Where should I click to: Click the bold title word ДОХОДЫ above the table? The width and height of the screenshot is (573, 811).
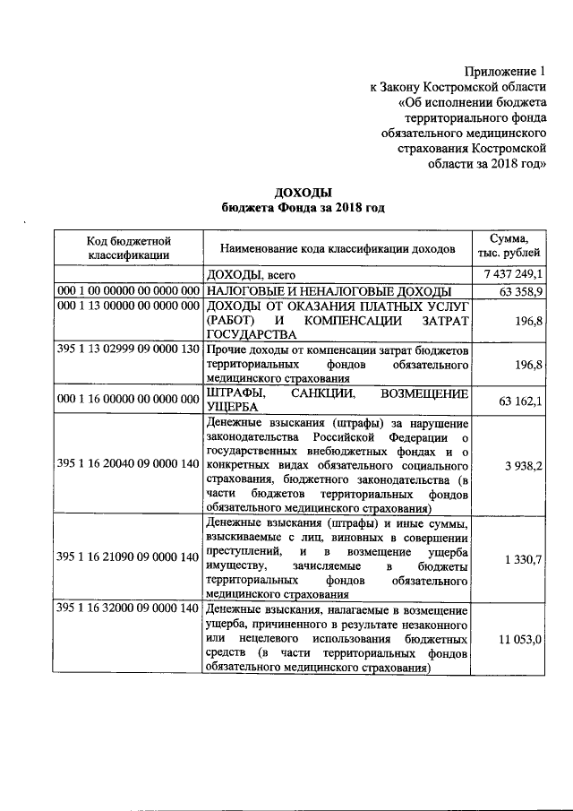point(303,193)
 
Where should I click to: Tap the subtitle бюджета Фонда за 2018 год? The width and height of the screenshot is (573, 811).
point(303,208)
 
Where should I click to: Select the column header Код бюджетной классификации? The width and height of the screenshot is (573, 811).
point(129,247)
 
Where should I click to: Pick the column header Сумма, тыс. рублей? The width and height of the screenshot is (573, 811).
point(509,247)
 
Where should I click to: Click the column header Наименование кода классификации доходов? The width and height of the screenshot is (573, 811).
point(338,247)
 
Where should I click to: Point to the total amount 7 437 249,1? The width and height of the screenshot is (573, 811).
point(513,274)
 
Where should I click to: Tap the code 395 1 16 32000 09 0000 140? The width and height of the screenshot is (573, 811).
point(127,609)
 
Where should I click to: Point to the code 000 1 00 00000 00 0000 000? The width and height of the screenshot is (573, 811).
point(127,292)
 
